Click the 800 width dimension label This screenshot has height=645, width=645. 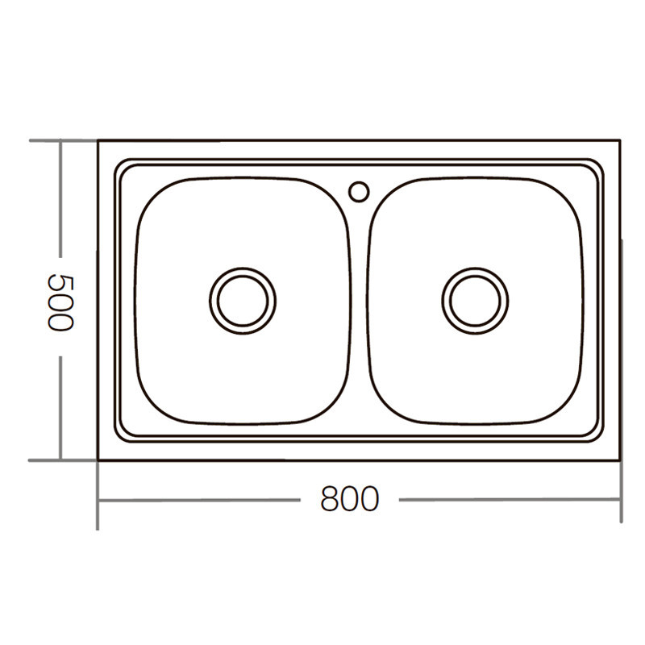pos(349,499)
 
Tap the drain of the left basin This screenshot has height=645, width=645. pos(243,299)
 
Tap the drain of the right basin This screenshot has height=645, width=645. pos(475,299)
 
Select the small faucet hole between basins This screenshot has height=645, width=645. pos(359,191)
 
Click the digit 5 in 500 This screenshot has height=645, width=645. pos(60,282)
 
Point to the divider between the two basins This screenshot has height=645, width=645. pos(360,306)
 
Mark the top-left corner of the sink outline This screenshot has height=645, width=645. pos(98,140)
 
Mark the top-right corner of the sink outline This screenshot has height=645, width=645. pos(619,140)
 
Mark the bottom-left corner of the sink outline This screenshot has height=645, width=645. pos(98,460)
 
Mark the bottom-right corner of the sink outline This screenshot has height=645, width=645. pos(619,460)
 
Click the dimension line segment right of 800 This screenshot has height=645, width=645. pos(508,500)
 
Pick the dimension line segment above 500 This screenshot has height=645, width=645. pos(60,202)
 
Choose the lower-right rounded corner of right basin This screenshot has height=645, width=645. pos(564,407)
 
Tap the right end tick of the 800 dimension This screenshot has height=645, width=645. pos(619,500)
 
